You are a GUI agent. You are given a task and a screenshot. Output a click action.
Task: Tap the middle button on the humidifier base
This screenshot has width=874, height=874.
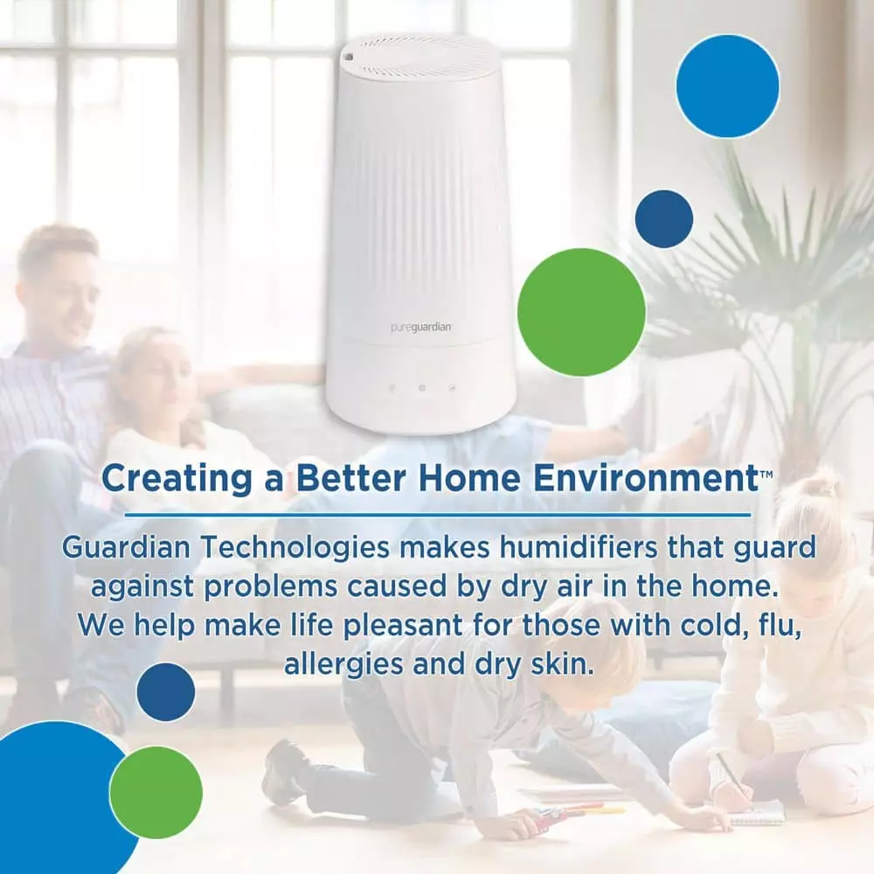click(421, 387)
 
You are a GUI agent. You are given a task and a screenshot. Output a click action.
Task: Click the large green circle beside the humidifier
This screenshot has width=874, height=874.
click(581, 312)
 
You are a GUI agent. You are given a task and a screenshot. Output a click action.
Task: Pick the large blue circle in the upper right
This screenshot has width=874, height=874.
click(727, 86)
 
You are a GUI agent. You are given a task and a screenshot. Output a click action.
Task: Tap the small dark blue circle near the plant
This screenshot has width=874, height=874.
click(664, 218)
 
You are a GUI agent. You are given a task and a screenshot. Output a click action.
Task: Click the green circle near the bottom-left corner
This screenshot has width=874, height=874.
click(156, 792)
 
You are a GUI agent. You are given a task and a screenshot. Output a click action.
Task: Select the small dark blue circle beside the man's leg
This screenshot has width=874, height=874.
click(166, 692)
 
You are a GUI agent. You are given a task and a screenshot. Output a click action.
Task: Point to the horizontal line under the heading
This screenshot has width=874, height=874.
click(437, 514)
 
